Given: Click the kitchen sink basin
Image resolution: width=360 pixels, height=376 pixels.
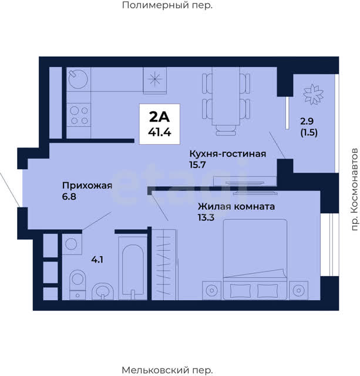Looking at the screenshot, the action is [78, 79].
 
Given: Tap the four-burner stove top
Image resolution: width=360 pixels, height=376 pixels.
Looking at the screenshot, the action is [79, 115].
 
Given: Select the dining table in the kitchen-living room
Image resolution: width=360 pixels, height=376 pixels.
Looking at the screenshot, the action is [226, 96].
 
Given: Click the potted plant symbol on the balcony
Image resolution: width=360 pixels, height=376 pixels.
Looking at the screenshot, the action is [313, 95].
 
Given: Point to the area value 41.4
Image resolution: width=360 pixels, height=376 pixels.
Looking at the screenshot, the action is [159, 132].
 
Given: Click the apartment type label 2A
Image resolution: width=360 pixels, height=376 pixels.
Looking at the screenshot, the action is [159, 117].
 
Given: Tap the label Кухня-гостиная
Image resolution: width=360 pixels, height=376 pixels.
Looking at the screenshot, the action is [228, 154].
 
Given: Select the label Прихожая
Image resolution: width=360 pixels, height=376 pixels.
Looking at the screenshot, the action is [88, 186].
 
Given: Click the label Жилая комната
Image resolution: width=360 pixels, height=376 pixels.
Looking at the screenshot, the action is [236, 206].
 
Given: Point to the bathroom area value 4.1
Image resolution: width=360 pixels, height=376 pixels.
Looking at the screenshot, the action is [97, 260].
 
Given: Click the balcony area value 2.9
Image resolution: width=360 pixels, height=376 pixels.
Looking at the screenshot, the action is [307, 121].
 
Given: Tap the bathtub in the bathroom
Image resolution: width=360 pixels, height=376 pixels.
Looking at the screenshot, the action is [133, 268].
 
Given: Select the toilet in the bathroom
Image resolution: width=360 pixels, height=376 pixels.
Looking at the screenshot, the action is [78, 284].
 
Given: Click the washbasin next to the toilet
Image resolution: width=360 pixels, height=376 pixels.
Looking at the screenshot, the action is [103, 291].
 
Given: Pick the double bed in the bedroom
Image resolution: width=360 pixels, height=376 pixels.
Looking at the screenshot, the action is [255, 259].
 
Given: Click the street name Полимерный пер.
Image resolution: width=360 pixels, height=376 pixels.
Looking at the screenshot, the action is [167, 5].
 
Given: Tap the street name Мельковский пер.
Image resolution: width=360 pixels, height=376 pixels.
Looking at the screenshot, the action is [167, 370].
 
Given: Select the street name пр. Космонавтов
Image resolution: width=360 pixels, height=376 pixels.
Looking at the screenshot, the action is [354, 189].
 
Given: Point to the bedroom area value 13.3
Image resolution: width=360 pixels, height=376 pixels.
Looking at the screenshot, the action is [206, 217].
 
